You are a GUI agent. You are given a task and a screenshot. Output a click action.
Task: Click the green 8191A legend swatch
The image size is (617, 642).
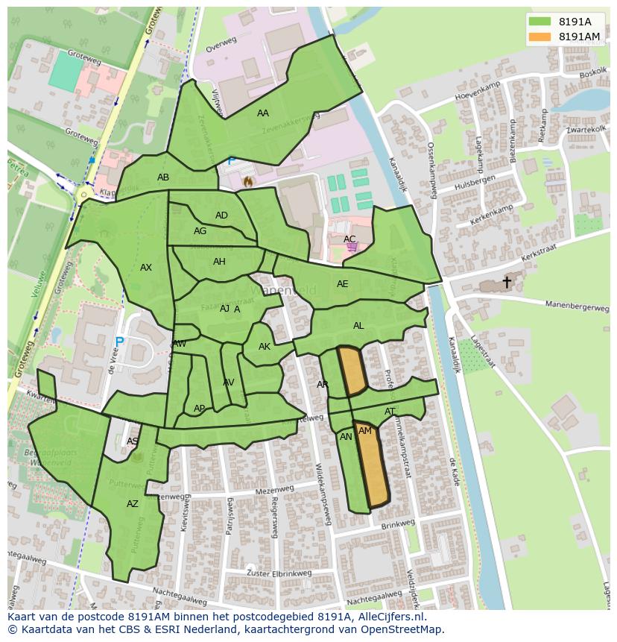pyautogui.click(x=541, y=22)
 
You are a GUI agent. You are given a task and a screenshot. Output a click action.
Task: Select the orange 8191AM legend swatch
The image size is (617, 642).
pyautogui.click(x=541, y=37)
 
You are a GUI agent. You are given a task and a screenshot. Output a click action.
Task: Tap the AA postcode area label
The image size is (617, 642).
pyautogui.click(x=262, y=113)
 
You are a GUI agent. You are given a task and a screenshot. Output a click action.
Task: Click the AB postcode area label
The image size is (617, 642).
pyautogui.click(x=163, y=177)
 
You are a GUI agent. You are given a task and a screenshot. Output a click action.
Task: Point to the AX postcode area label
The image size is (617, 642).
pyautogui.click(x=146, y=268)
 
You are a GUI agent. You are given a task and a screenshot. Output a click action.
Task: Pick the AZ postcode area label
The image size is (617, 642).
pyautogui.click(x=133, y=504)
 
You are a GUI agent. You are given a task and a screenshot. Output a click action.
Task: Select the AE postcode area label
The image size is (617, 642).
pyautogui.click(x=343, y=284)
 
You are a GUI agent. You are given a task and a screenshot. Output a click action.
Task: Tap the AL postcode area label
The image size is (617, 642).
pyautogui.click(x=358, y=326)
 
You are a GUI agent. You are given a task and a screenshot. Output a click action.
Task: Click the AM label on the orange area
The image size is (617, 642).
pyautogui.click(x=365, y=431)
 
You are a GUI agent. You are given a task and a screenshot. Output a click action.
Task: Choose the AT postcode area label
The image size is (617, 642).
pyautogui.click(x=390, y=412)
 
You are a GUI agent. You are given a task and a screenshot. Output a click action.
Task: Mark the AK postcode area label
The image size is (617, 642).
pyautogui.click(x=265, y=347)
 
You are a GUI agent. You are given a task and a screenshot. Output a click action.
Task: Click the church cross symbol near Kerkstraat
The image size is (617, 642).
pyautogui.click(x=507, y=282)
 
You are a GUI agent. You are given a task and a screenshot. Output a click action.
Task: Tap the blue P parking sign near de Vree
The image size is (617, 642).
pyautogui.click(x=119, y=343)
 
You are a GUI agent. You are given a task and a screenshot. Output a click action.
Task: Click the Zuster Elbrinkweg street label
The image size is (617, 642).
pyautogui.click(x=279, y=573)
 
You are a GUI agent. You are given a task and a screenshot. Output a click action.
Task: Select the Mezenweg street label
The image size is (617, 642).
pyautogui.click(x=275, y=491)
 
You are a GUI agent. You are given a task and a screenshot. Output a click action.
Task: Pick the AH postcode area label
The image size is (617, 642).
pyautogui.click(x=219, y=262)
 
